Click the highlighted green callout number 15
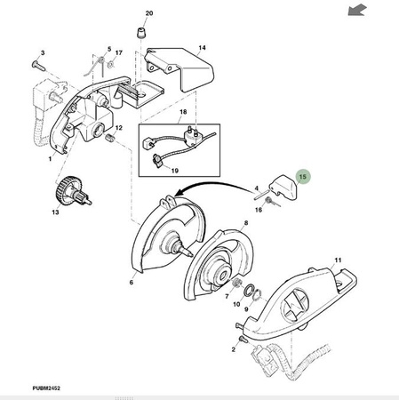[x=302, y=177]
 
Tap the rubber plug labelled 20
[x=141, y=33]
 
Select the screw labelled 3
[x=38, y=66]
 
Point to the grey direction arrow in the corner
[x=357, y=11]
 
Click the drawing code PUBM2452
[x=46, y=388]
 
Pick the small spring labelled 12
[x=110, y=138]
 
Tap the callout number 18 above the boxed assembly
[x=183, y=112]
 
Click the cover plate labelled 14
[x=179, y=69]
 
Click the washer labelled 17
[x=111, y=64]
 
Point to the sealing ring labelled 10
[x=249, y=290]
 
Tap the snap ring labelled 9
[x=257, y=295]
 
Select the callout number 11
[x=338, y=260]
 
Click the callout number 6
[x=132, y=283]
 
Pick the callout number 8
[x=246, y=223]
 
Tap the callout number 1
[x=50, y=159]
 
